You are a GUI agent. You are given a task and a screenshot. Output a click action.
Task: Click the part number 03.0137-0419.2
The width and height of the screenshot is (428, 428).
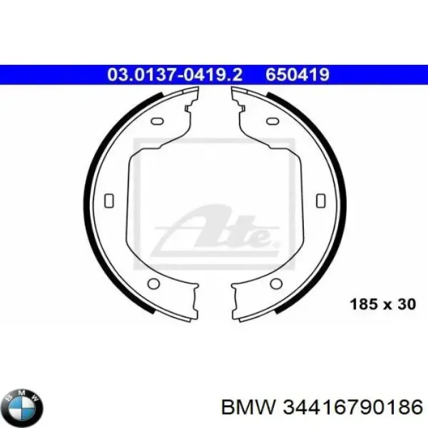tap(175, 74)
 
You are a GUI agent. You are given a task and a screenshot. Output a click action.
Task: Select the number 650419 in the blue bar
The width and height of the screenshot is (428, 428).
tap(297, 74)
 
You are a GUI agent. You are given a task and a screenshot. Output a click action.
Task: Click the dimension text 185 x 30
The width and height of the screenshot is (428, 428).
tap(383, 305)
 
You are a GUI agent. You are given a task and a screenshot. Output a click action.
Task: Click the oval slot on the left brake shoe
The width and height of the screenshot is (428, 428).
tap(157, 121)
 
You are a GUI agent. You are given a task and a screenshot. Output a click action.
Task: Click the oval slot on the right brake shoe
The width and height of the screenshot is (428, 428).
tap(272, 121)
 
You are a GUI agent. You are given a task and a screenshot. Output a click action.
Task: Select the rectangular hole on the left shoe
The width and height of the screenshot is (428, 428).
tap(109, 200)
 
